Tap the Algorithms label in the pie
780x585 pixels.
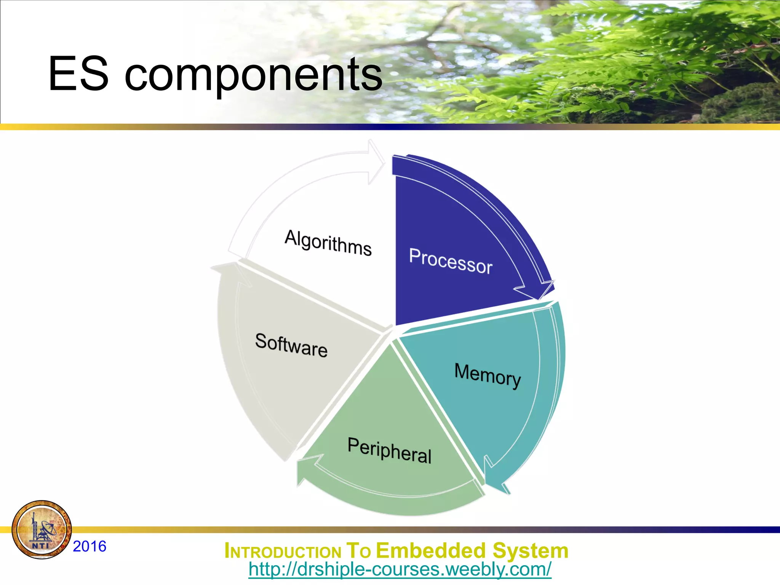tap(328, 243)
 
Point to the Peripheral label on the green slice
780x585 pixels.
tap(389, 451)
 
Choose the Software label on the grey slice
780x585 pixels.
tap(291, 345)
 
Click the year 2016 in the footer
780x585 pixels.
tap(90, 547)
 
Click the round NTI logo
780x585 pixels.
tap(42, 530)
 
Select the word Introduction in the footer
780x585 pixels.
tap(283, 551)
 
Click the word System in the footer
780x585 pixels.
tap(530, 551)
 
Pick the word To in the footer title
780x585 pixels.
tap(358, 551)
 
